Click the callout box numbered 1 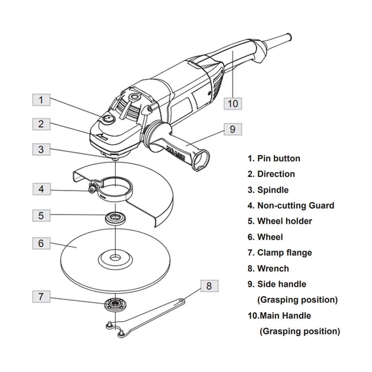[x=41, y=100]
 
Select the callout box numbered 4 [x=41, y=189]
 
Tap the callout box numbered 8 [x=209, y=286]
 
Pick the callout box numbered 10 [x=232, y=103]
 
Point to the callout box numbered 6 [x=41, y=243]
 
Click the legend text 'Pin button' [x=278, y=158]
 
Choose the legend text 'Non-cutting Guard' [x=295, y=205]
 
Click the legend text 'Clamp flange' [x=284, y=253]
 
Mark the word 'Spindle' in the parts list [x=273, y=190]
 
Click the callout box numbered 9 [x=232, y=129]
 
